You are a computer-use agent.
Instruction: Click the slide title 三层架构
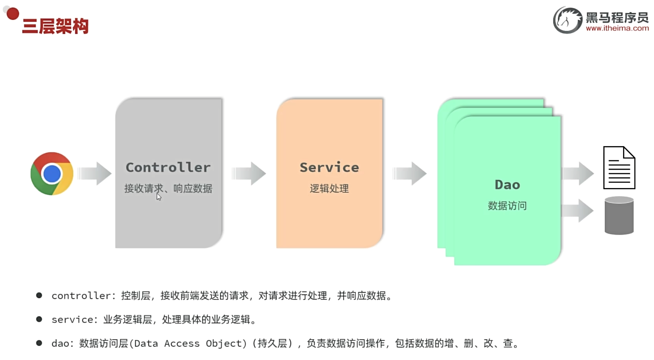(x=55, y=26)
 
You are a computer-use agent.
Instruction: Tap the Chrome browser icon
(x=52, y=174)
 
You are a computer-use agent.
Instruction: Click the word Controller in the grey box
(x=168, y=167)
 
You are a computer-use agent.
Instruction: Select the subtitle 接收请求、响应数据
(x=168, y=188)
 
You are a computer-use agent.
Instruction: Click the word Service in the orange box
(x=329, y=167)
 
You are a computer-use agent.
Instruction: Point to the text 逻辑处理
(x=329, y=188)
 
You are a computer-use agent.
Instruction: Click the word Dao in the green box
(x=507, y=184)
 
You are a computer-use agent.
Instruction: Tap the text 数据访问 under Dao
(x=507, y=206)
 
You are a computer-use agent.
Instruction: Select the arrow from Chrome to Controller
(x=94, y=173)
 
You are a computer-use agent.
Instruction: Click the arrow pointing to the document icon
(x=578, y=173)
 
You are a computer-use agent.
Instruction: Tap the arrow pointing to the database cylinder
(x=578, y=211)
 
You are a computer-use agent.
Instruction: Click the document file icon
(x=619, y=168)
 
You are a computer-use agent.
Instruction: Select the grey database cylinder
(x=619, y=215)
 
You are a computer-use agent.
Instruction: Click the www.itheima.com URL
(x=617, y=28)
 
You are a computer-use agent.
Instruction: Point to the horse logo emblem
(x=567, y=20)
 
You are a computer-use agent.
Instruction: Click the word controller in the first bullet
(x=81, y=296)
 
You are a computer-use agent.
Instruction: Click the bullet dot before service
(x=39, y=319)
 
